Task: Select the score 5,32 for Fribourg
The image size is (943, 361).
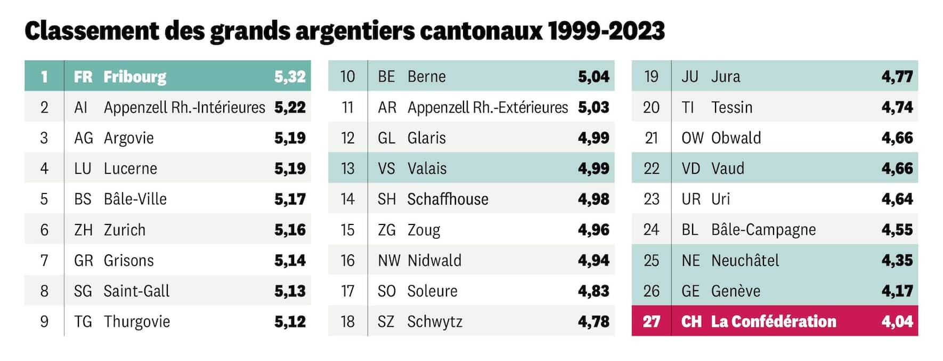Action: tap(290, 76)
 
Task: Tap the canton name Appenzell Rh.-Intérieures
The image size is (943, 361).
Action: tap(184, 107)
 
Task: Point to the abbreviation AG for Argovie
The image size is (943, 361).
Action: tap(83, 138)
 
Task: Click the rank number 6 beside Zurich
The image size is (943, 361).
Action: tap(44, 230)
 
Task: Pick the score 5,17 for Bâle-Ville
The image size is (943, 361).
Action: tap(290, 199)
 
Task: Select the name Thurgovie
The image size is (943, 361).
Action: tap(137, 322)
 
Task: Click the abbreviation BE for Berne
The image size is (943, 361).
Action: tap(386, 76)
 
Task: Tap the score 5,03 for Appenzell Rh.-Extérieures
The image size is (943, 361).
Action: tap(594, 107)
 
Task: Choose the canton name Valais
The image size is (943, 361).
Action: tap(427, 169)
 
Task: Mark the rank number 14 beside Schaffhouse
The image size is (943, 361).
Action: tap(347, 199)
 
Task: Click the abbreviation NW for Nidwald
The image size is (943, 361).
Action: tap(389, 260)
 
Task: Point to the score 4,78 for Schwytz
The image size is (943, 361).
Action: tap(594, 322)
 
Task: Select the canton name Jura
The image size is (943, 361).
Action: tap(726, 76)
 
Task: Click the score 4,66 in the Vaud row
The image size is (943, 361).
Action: tap(897, 169)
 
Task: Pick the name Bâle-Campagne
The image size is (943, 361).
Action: tap(763, 230)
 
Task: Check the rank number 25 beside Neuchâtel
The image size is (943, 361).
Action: tap(651, 260)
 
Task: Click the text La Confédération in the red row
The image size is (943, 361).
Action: tap(774, 322)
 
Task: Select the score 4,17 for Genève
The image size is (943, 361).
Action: tap(897, 291)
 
